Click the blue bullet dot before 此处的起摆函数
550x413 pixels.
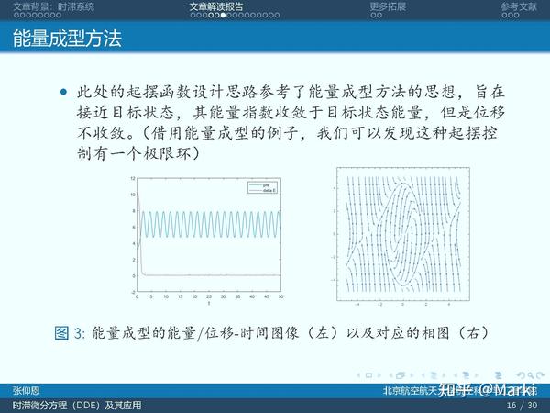pos(63,93)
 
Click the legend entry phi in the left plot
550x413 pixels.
pos(264,184)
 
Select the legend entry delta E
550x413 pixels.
pos(267,190)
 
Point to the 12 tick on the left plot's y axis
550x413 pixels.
pos(132,177)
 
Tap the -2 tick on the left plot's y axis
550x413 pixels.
pos(132,292)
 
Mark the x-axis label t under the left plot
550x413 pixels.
pos(209,305)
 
